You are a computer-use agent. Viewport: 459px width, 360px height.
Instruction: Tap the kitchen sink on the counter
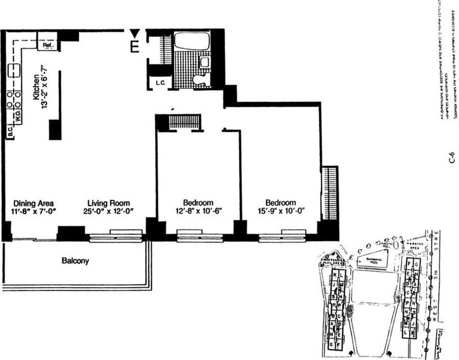pyautogui.click(x=14, y=71)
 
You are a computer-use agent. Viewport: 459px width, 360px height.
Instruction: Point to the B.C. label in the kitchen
pyautogui.click(x=10, y=131)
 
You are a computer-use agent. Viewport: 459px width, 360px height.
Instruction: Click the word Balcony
pyautogui.click(x=75, y=261)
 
